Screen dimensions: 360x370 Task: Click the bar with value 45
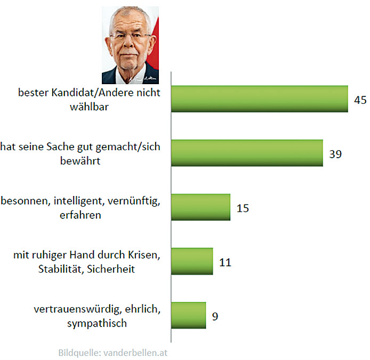259,100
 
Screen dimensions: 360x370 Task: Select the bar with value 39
247,153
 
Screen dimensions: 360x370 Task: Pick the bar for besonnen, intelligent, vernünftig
200,207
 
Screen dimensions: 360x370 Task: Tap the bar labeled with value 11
192,261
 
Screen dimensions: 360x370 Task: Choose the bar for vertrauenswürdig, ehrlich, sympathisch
188,315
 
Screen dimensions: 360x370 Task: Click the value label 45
360,100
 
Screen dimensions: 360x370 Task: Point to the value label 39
335,154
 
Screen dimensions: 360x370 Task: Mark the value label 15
243,208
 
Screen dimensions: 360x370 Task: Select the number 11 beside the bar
226,261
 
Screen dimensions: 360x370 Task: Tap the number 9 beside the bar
215,316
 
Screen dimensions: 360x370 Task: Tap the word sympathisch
97,323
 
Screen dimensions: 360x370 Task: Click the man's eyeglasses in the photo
131,37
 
